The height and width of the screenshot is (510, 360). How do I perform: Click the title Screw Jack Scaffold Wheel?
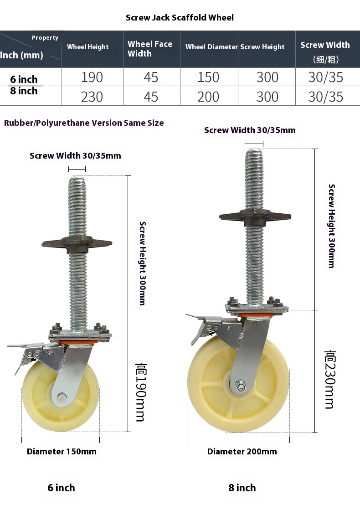coord(180,18)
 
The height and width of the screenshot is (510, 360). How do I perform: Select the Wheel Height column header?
coord(88,47)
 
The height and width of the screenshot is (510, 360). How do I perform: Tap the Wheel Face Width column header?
coord(150,49)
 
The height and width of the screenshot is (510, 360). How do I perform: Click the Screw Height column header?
coord(262,47)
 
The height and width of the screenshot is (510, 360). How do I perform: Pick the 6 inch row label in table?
coord(24,79)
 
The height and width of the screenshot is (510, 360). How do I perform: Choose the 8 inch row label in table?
coord(24,91)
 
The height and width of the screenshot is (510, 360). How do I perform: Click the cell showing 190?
coord(92,77)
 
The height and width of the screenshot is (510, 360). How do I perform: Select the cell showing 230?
coord(92,97)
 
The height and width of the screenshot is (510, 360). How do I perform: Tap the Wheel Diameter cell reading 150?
coord(208,77)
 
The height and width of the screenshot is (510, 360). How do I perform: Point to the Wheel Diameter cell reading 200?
coord(208,97)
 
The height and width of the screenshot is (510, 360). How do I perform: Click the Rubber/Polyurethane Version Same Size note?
coord(84,123)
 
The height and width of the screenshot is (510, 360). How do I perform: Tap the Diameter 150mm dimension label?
coord(62,452)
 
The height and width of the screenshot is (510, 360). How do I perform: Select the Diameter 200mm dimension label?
coord(242,452)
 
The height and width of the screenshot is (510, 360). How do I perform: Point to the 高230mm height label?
coord(329,379)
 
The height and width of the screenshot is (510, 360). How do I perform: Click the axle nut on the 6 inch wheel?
coord(61,399)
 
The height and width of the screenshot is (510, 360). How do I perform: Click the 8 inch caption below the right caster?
coord(242,488)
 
